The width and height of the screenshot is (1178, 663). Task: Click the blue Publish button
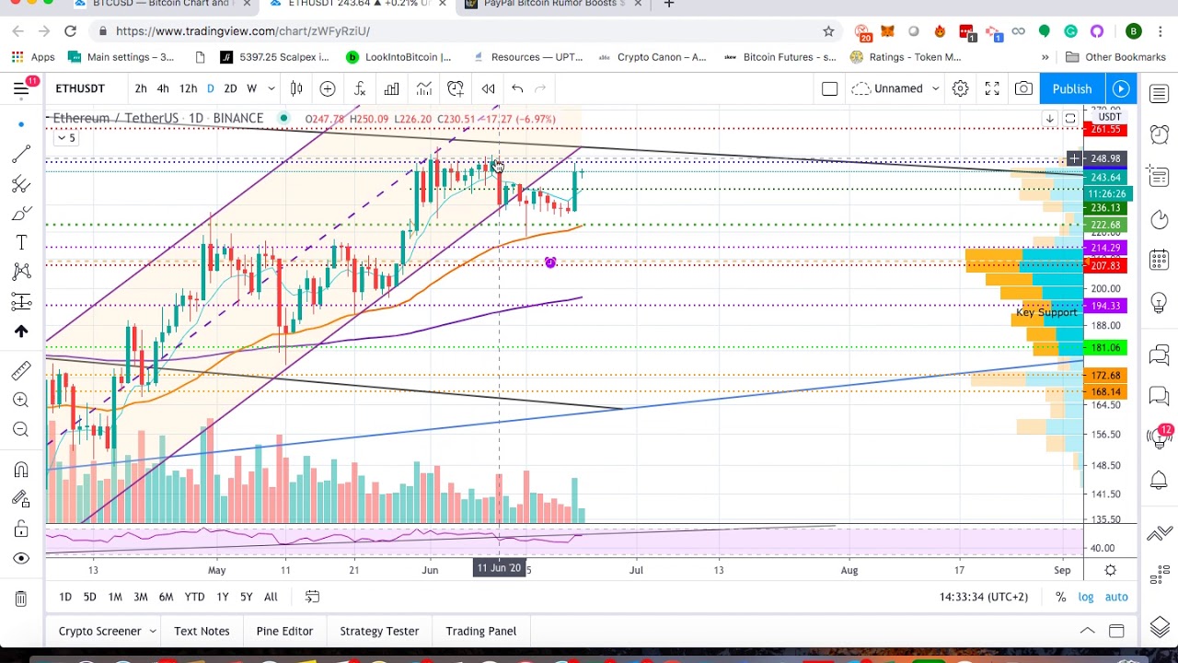point(1071,88)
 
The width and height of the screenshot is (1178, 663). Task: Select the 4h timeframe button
point(163,88)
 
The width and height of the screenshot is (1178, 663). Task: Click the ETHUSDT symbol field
point(80,88)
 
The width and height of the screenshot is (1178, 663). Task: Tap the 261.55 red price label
point(1105,130)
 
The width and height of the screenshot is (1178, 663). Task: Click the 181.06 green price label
point(1105,348)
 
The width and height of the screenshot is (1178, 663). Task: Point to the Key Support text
point(1045,313)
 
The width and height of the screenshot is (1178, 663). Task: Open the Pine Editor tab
point(284,631)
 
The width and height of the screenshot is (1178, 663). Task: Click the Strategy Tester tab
point(379,631)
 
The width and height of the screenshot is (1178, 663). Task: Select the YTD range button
point(194,597)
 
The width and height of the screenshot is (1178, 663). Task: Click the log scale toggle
point(1086,597)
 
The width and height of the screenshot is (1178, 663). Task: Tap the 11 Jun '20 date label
point(499,569)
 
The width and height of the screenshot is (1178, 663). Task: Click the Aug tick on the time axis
point(849,570)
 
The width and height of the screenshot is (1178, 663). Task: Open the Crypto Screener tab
point(99,631)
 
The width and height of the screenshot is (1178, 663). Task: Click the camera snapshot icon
point(1023,88)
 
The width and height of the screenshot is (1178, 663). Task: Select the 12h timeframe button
point(188,88)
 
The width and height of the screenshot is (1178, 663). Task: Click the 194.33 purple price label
point(1105,306)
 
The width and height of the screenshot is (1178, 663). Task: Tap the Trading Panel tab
point(480,631)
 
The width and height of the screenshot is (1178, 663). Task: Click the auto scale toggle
point(1116,597)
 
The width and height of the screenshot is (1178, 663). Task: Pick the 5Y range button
point(246,597)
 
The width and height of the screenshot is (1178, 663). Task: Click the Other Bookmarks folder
point(1125,57)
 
